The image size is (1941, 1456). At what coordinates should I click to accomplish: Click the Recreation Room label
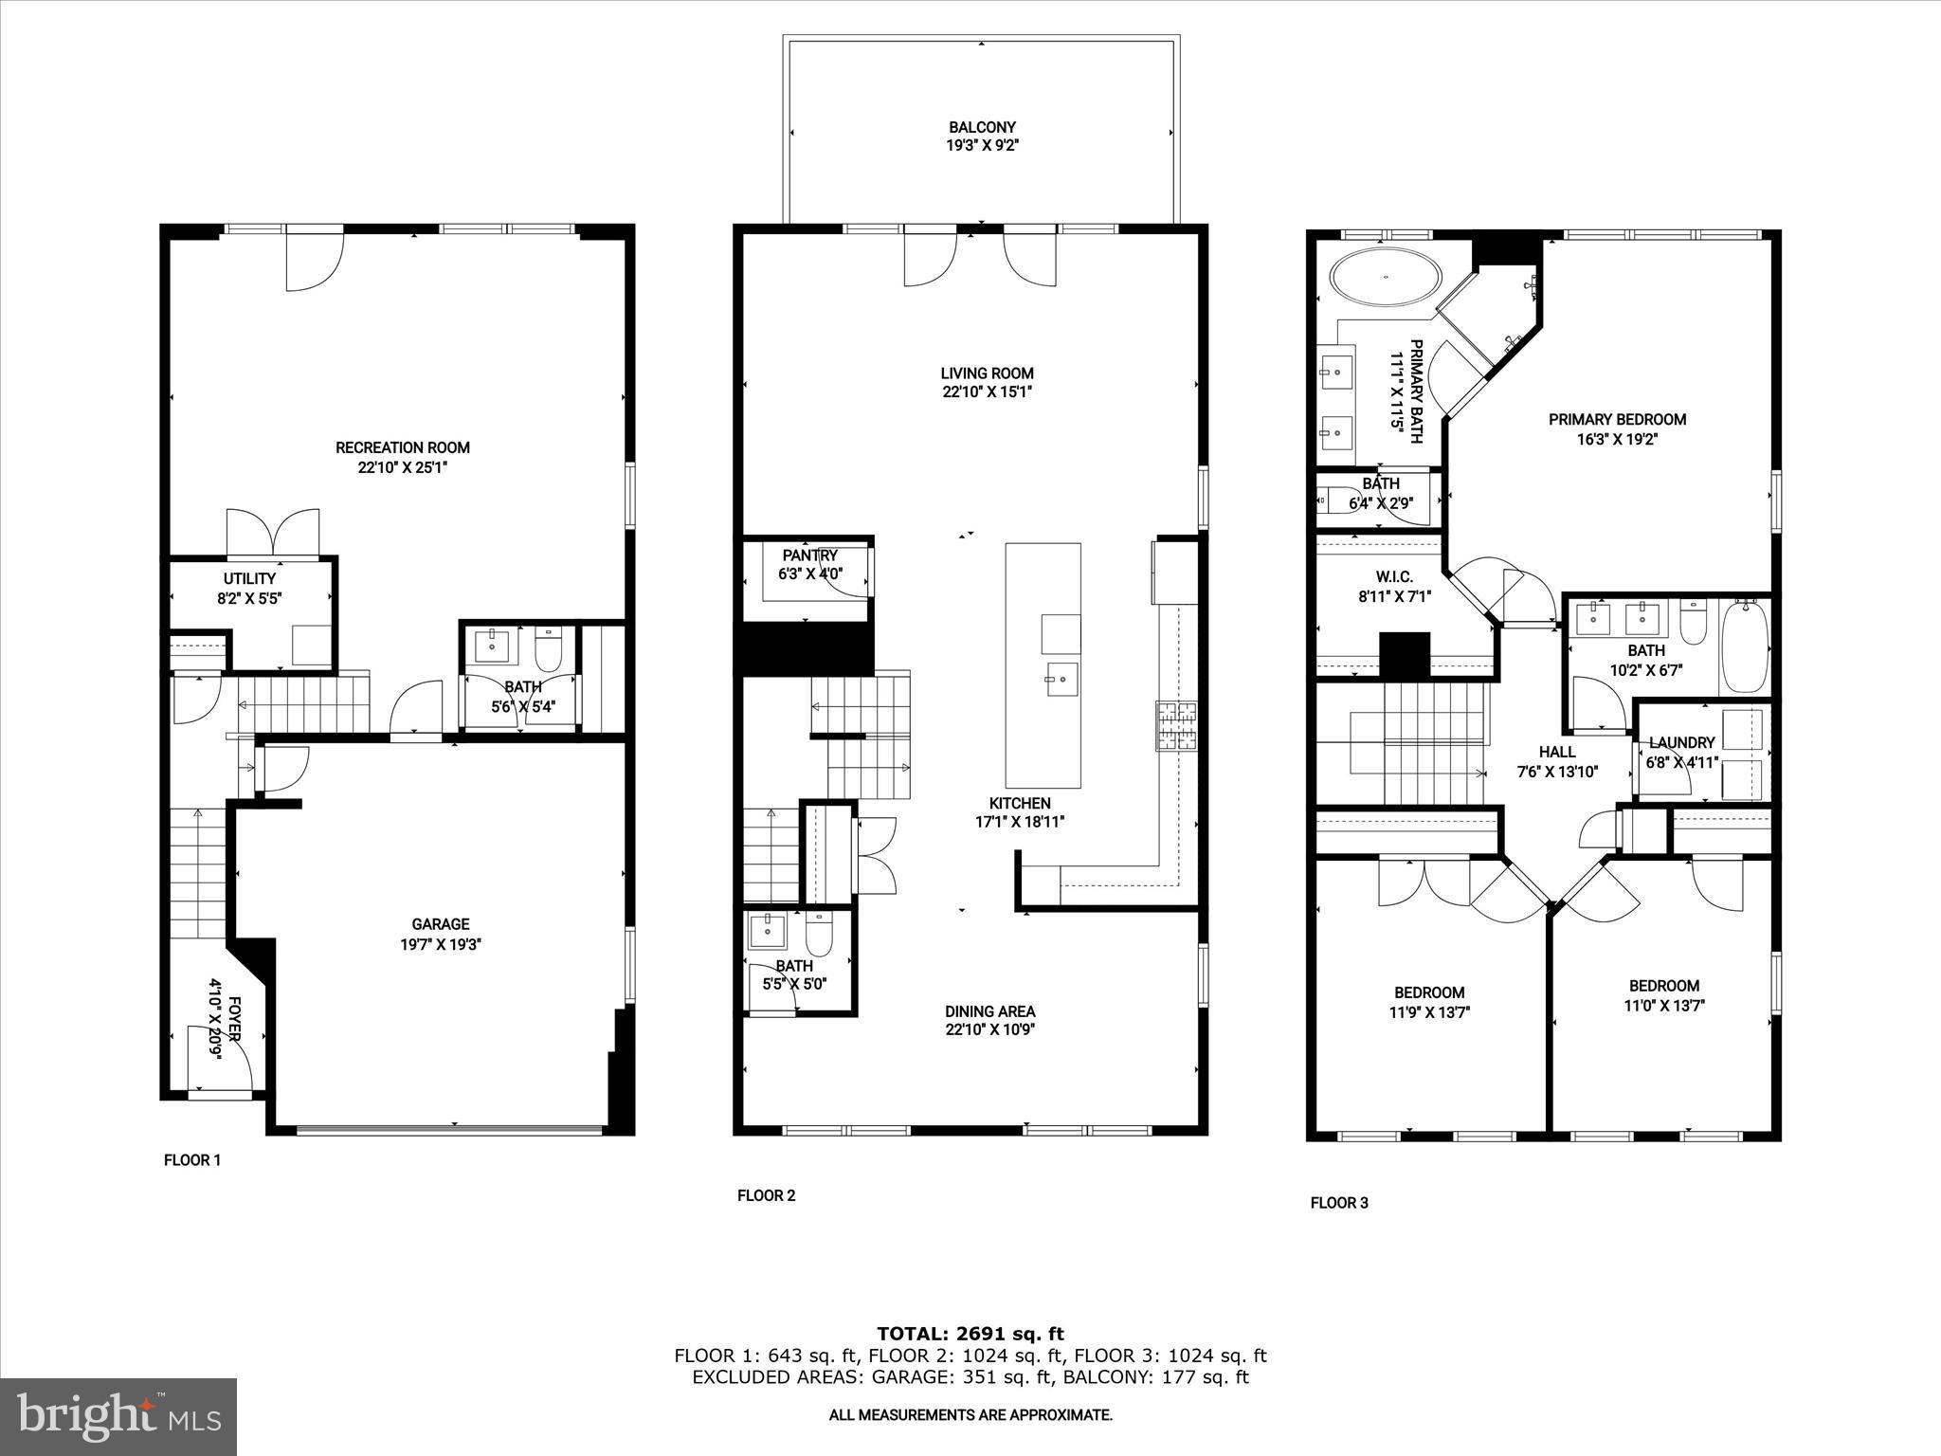[402, 447]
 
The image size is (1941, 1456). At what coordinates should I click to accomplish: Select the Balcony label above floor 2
[982, 127]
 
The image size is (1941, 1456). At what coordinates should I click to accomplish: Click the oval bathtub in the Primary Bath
[1387, 278]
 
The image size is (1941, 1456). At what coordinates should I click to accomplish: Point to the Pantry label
[809, 555]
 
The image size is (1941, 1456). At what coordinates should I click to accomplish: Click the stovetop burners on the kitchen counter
[1176, 726]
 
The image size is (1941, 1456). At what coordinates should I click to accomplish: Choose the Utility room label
[249, 578]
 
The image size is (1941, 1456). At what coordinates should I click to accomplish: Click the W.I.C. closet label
[1393, 577]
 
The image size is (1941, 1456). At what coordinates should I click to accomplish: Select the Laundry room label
[1681, 743]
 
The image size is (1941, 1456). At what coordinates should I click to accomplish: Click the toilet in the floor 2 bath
[819, 936]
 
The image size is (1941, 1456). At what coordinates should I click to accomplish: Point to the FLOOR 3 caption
[1338, 1203]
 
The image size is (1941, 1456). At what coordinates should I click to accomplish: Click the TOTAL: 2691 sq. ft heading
[970, 1334]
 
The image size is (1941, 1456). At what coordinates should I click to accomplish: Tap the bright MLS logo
[118, 1416]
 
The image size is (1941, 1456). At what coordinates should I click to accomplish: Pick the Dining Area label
[989, 1011]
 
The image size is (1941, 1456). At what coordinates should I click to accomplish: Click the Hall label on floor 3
[1557, 752]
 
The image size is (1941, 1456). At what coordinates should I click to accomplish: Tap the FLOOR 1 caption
[192, 1159]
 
